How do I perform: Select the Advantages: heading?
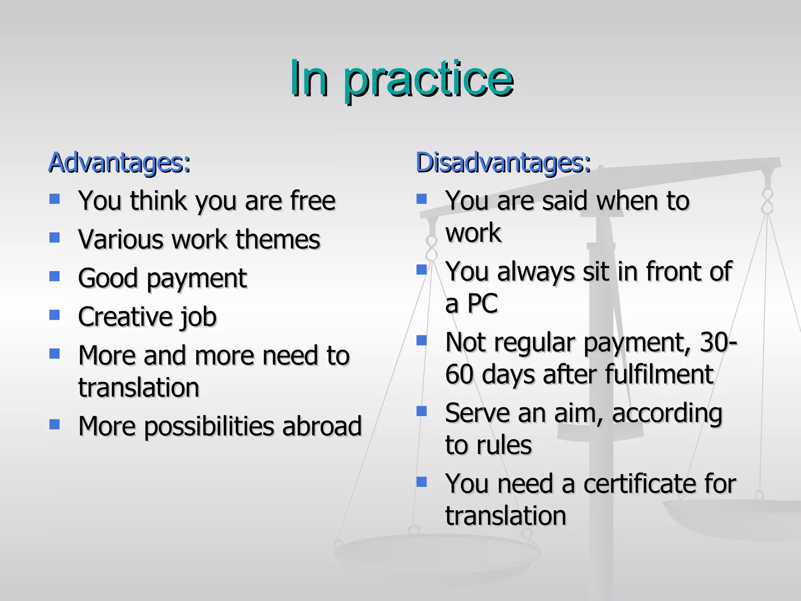pyautogui.click(x=119, y=162)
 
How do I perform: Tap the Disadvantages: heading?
pyautogui.click(x=503, y=162)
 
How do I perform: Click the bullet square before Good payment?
pyautogui.click(x=54, y=277)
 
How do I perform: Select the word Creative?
pyautogui.click(x=125, y=317)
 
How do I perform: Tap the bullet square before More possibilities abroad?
pyautogui.click(x=54, y=425)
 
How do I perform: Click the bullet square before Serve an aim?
pyautogui.click(x=421, y=411)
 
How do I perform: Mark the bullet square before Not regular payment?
pyautogui.click(x=421, y=340)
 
